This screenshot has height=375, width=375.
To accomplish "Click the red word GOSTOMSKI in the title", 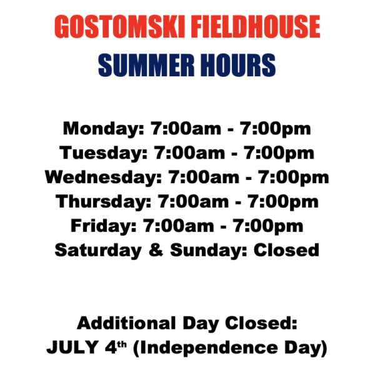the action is coord(119,26).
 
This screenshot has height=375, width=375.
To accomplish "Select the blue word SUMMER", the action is coord(146,65).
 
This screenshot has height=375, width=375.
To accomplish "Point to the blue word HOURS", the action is coord(237,65).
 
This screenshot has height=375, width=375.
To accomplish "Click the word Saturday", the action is coord(98,251).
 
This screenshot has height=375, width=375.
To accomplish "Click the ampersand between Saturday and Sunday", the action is coord(156,250).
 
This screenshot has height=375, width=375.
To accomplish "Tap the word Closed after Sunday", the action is coord(286,250).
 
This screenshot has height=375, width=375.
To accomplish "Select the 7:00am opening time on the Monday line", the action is coord(186,128).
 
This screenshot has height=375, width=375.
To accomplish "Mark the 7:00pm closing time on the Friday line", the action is coord(268,226).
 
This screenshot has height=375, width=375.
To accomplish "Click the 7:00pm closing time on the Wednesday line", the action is coord(294,177).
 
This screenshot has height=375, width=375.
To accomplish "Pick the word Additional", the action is coord(126,323).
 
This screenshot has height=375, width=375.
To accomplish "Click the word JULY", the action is coord(72,347).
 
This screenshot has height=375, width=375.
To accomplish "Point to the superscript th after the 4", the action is coord(122,344).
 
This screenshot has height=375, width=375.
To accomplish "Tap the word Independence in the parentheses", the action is coord(209,348).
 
